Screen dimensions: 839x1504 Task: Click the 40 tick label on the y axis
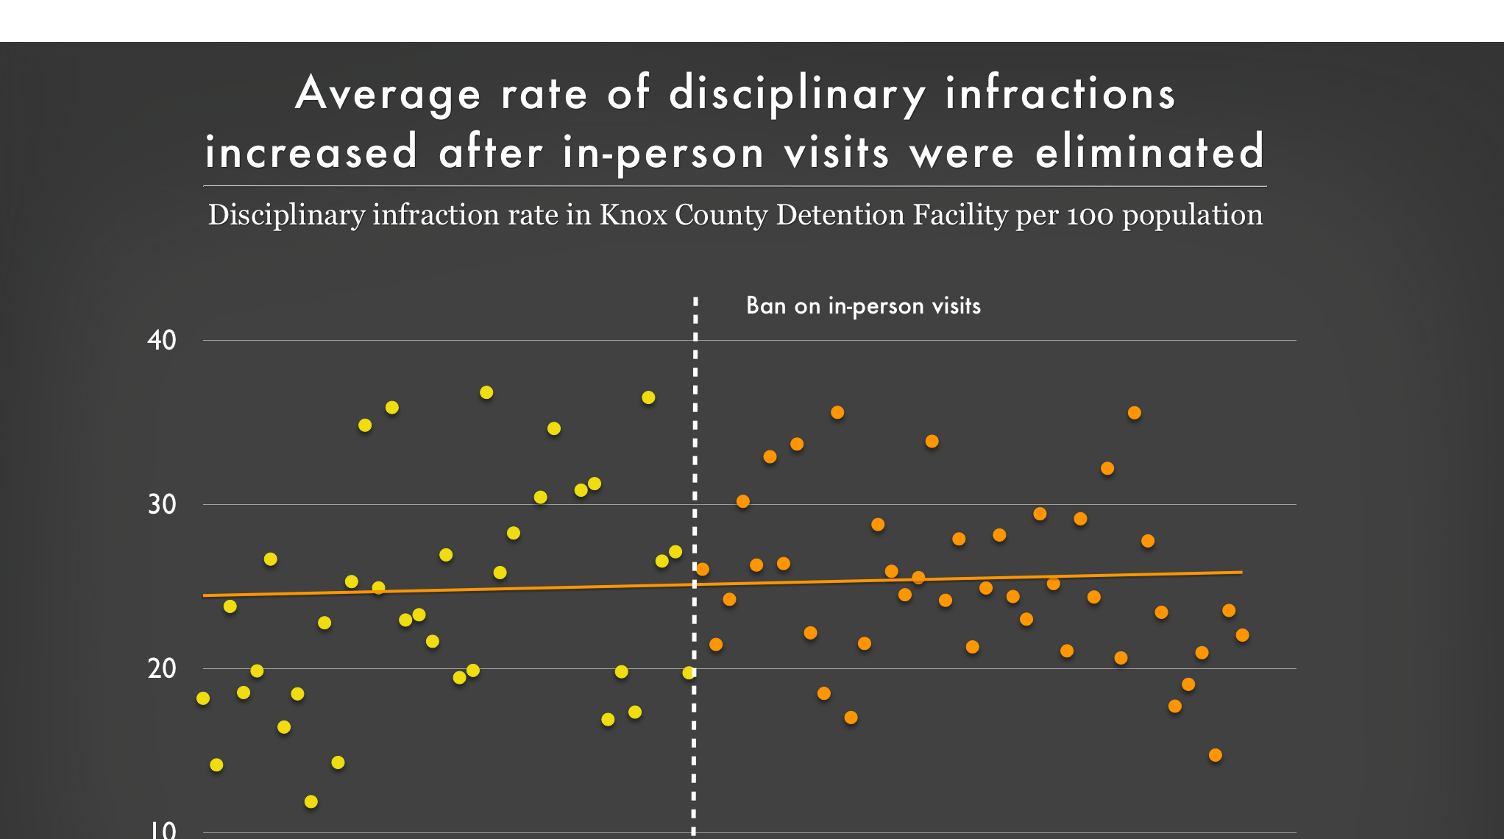(x=162, y=341)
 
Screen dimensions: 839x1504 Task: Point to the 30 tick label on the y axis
(x=162, y=505)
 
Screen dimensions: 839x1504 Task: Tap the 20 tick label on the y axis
(x=162, y=669)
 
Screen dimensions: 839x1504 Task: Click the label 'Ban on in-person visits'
(x=863, y=306)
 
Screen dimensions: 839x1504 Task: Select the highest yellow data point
(x=486, y=393)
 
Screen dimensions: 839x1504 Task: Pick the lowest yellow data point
(x=311, y=801)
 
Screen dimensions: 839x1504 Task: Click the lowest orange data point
(x=1216, y=755)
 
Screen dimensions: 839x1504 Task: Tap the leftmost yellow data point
(x=203, y=698)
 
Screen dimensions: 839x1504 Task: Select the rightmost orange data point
(x=1243, y=635)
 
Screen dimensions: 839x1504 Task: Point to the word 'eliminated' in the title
(x=1150, y=152)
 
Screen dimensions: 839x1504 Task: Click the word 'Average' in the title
(x=389, y=94)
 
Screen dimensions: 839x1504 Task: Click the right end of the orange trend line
(x=1241, y=572)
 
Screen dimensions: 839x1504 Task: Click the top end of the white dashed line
(x=695, y=300)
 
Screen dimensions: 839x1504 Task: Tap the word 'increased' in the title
(x=311, y=152)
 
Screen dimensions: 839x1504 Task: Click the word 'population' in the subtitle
(x=1192, y=216)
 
